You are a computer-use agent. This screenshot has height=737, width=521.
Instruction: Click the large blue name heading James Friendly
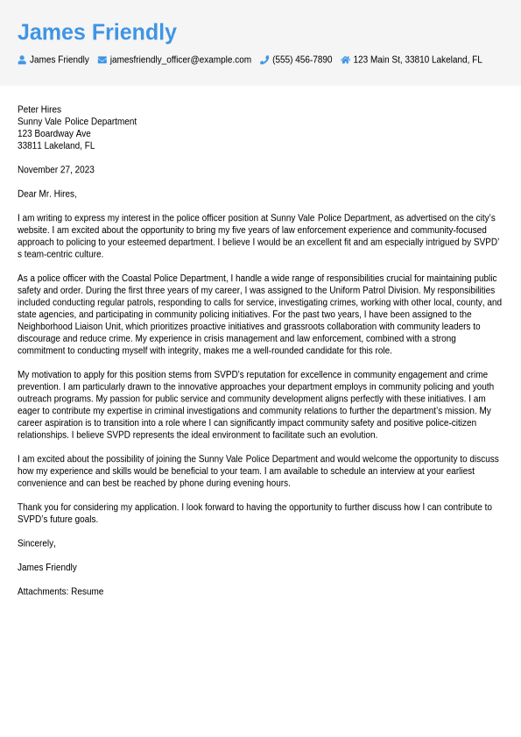tap(97, 32)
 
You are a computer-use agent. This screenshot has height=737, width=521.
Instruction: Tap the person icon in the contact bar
tap(22, 60)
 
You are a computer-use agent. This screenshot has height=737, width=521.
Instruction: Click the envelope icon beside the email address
tap(102, 60)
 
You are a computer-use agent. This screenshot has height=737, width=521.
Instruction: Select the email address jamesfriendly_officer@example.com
tap(180, 60)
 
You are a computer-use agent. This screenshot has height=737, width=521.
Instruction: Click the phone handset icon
tap(264, 60)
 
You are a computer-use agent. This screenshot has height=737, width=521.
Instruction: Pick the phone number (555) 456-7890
tap(302, 60)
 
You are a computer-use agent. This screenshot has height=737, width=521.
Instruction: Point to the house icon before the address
tap(345, 60)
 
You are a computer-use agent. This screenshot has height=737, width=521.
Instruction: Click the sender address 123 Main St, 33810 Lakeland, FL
tap(418, 60)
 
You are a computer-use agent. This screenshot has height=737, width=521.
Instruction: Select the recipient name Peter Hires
tap(39, 110)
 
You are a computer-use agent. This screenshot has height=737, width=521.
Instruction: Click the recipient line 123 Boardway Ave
tap(54, 134)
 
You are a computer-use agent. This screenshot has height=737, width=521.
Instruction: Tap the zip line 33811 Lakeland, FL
tap(56, 145)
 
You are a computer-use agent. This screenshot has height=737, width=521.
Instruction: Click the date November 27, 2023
tap(56, 170)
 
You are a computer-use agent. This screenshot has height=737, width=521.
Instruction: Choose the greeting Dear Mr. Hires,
tap(47, 194)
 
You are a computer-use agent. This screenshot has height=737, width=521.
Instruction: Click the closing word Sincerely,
tap(37, 543)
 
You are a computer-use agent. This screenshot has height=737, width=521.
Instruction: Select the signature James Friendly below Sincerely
tap(47, 567)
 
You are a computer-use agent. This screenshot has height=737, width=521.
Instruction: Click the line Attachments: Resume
tap(60, 592)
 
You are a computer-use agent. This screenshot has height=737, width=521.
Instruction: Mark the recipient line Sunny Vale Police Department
tap(77, 122)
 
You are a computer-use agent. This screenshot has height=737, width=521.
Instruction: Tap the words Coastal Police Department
tap(174, 278)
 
